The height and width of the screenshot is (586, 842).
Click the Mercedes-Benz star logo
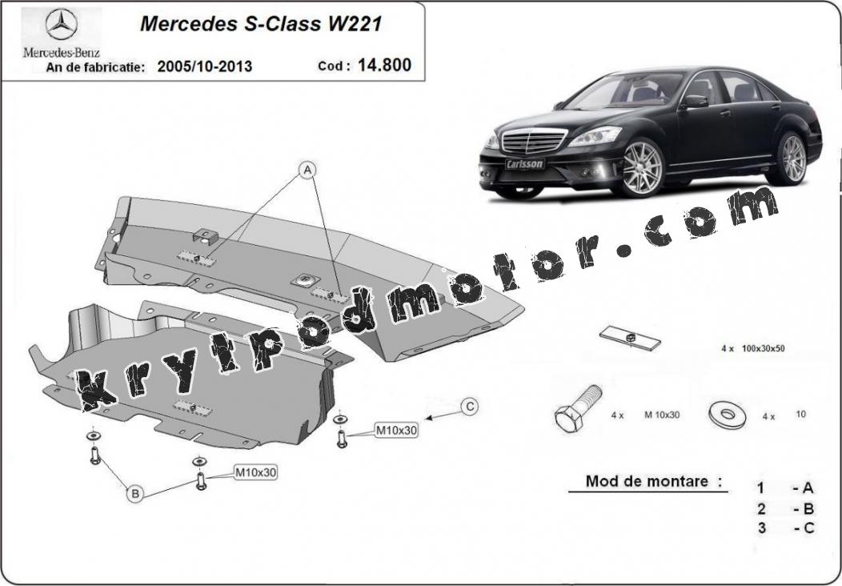click(x=61, y=24)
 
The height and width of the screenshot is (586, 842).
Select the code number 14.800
click(x=384, y=65)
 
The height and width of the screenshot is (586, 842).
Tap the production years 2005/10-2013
click(x=205, y=66)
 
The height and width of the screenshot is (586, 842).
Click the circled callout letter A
click(x=307, y=171)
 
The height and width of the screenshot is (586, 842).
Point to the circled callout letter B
click(x=135, y=494)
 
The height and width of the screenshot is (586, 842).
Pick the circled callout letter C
click(x=469, y=407)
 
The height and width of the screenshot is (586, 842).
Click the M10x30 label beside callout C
click(x=396, y=430)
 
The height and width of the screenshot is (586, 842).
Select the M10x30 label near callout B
click(x=255, y=472)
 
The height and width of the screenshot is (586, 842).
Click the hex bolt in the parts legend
click(x=577, y=408)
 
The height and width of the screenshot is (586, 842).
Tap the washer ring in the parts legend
click(x=727, y=414)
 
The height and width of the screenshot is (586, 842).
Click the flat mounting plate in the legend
click(x=630, y=339)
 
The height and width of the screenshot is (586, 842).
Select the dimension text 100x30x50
click(x=763, y=348)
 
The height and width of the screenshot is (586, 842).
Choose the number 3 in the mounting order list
click(x=761, y=528)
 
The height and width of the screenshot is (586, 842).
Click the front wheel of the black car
click(x=642, y=167)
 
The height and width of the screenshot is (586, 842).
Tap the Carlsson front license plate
click(x=524, y=164)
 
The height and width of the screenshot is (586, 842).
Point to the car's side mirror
click(x=694, y=101)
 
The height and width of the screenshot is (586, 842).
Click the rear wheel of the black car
click(x=792, y=159)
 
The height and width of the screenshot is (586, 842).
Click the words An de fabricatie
click(x=95, y=67)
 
